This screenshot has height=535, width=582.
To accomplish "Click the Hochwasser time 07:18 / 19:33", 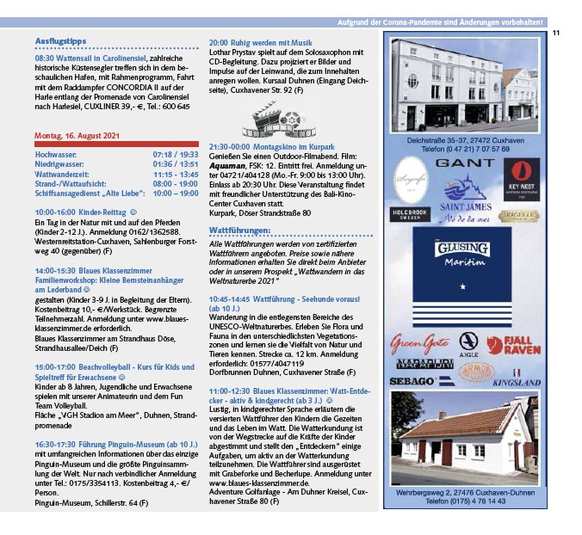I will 176,154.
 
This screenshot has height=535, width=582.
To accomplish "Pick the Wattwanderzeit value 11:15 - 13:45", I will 176,173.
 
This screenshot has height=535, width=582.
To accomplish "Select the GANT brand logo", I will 465,162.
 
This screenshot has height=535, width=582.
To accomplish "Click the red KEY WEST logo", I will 521,179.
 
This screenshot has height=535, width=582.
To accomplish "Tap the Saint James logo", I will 466,201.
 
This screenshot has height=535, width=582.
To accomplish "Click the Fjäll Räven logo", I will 520,345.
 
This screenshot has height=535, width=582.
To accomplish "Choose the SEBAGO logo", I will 411,380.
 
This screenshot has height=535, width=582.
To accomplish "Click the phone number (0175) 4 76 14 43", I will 466,500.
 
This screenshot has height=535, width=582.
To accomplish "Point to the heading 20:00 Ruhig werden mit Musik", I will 260,42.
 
